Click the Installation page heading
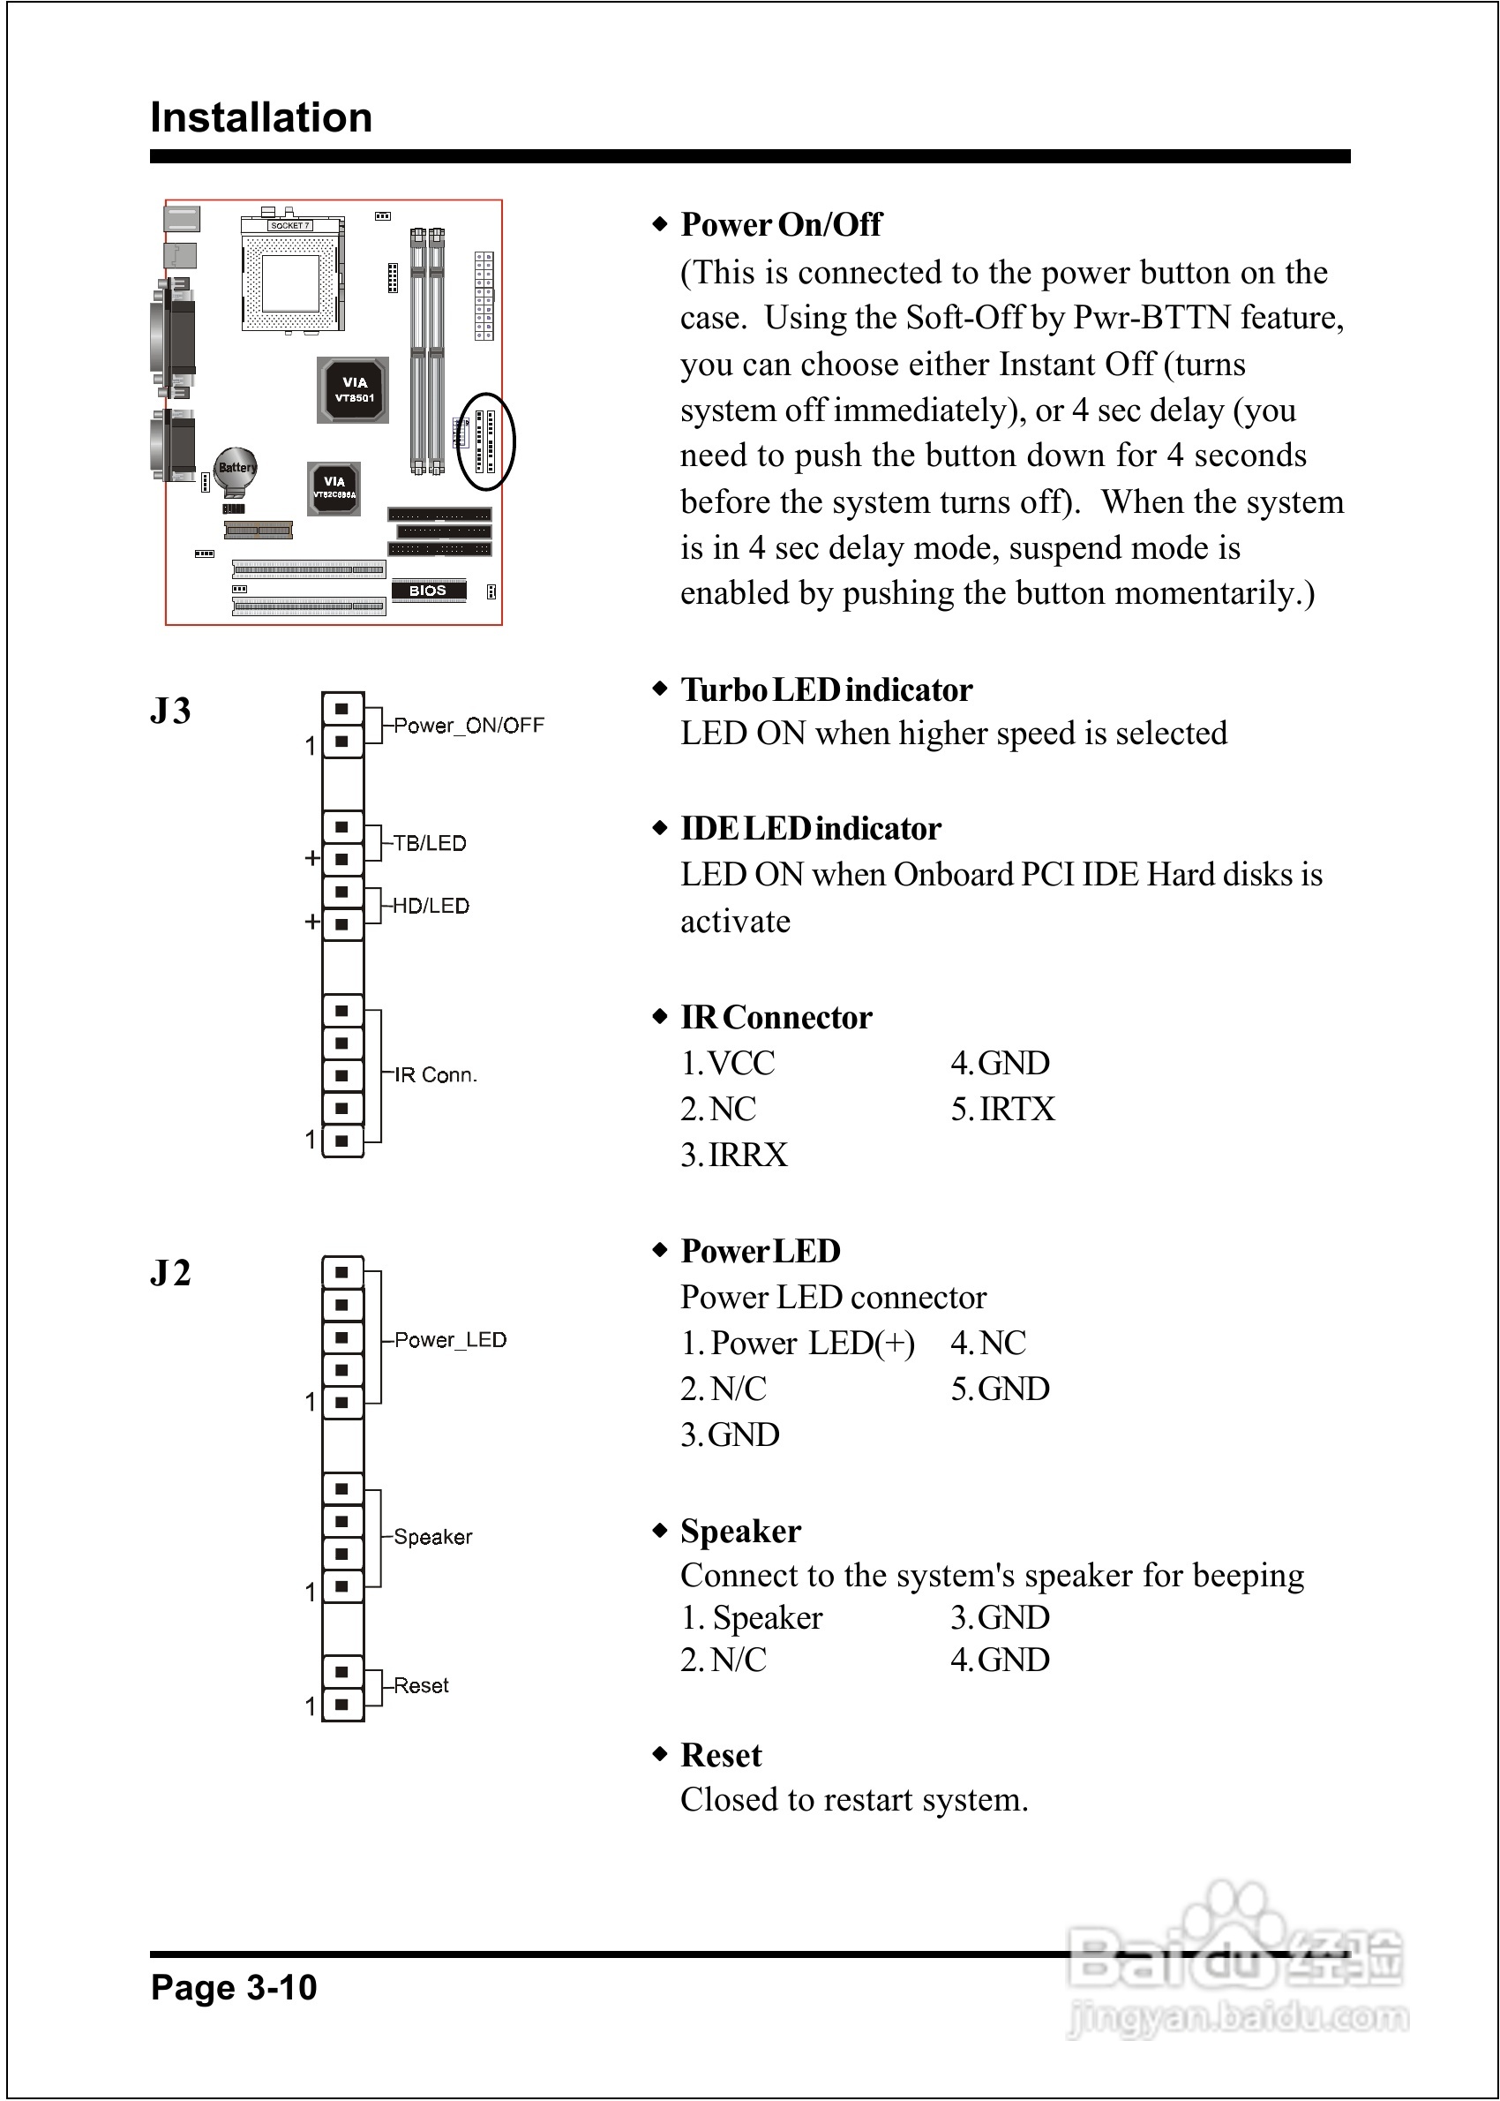(260, 118)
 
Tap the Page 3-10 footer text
(234, 1987)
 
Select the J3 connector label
(171, 712)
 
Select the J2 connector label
(171, 1273)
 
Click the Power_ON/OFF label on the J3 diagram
(469, 727)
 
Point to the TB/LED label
(430, 844)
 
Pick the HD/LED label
(431, 907)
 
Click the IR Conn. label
(435, 1075)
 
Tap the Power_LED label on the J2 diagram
(450, 1341)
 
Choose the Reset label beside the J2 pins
(421, 1686)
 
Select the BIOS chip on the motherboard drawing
(428, 591)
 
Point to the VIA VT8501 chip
(354, 390)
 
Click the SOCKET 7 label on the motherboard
(290, 225)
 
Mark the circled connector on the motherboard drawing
(486, 441)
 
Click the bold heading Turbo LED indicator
(826, 690)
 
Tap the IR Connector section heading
(776, 1017)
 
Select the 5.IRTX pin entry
(1002, 1110)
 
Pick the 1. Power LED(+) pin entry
(798, 1344)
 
